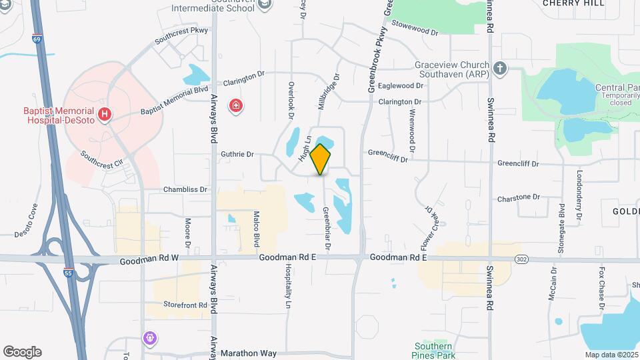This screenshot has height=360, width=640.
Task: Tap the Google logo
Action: point(22,352)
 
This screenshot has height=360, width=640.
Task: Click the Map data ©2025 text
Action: point(611,355)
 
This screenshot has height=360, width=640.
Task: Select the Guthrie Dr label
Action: point(237,154)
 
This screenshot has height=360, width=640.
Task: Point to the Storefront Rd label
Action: point(184,305)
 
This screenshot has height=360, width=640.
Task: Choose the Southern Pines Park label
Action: point(434,351)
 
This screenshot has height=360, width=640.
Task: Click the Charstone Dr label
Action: point(518,197)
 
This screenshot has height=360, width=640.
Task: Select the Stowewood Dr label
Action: point(415,31)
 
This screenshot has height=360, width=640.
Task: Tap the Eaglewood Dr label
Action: point(400,85)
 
